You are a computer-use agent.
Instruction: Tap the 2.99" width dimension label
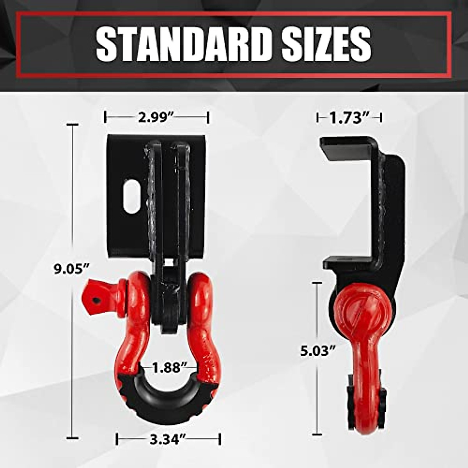[156, 117]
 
